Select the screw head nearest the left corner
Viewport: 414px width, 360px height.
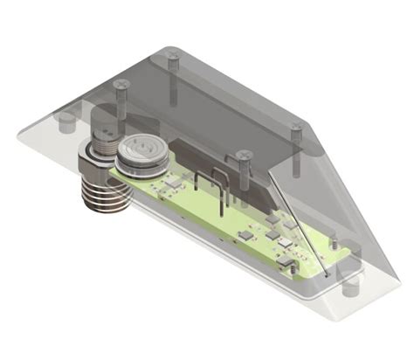tap(122, 84)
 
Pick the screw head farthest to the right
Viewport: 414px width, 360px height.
tap(296, 131)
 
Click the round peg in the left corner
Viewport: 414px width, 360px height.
tap(63, 121)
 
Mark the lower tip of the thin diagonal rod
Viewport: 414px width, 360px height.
tap(328, 273)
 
